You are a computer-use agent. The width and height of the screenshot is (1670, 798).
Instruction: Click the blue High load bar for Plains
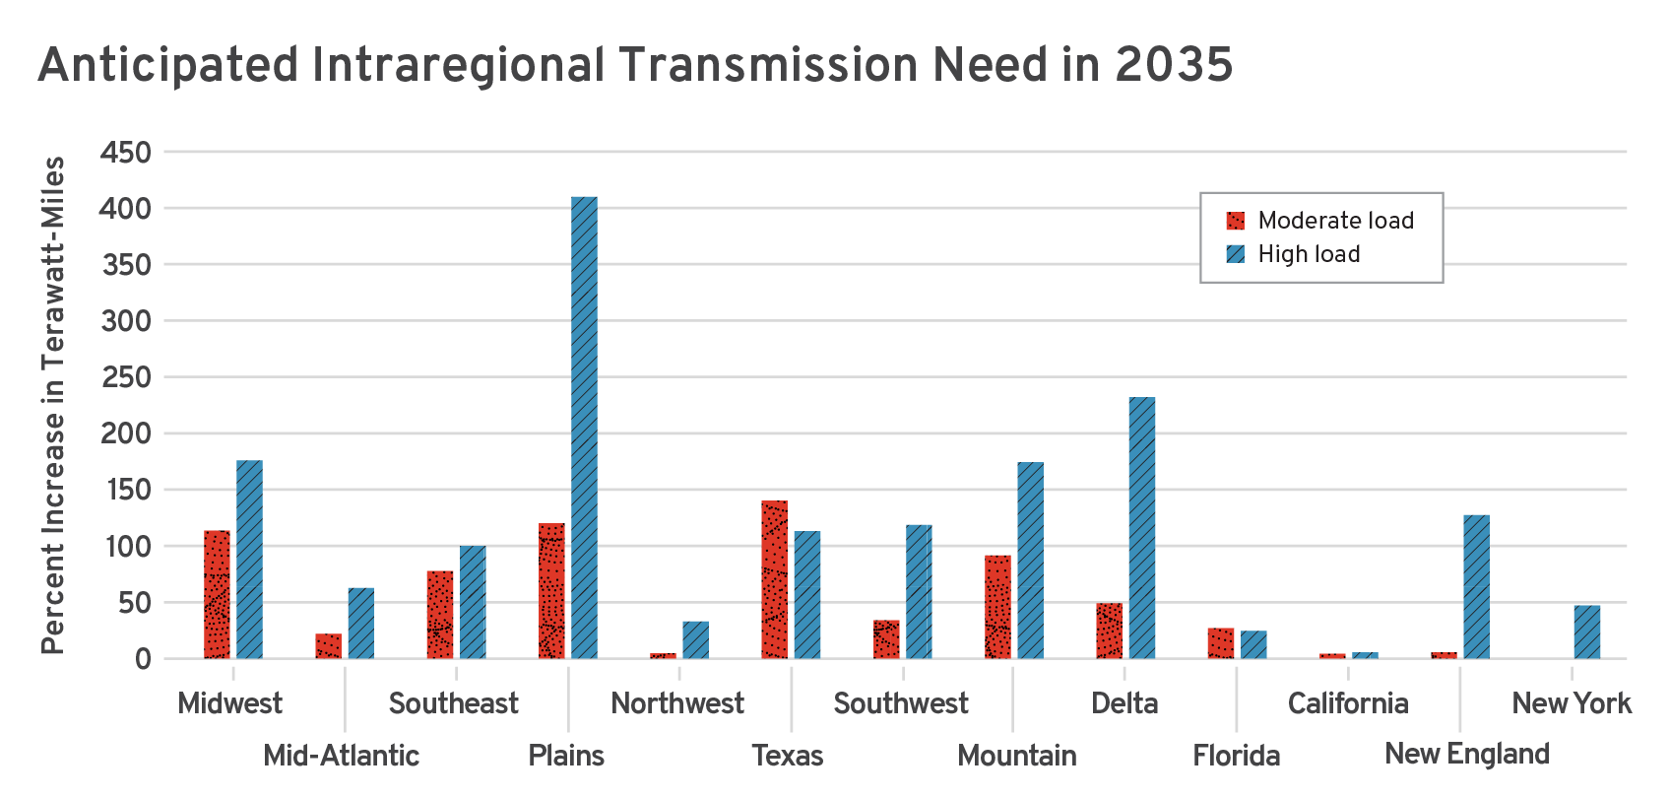point(584,428)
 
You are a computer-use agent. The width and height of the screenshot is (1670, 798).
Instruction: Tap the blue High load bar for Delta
point(1141,528)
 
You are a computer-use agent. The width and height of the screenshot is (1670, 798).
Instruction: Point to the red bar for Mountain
point(997,607)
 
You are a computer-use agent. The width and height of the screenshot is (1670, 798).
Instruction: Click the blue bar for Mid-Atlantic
point(360,623)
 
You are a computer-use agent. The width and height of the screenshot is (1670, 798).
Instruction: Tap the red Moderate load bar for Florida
point(1220,642)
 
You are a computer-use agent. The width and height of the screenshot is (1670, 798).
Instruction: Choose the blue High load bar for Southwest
point(919,591)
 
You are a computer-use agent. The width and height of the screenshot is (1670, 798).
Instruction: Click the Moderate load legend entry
point(1319,221)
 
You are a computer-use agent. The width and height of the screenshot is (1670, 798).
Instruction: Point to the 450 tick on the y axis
point(126,153)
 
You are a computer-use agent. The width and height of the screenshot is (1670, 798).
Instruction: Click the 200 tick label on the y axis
point(126,433)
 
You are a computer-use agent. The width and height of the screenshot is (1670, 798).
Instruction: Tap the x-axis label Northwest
point(677,703)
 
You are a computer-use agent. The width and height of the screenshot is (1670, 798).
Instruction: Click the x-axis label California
point(1347,703)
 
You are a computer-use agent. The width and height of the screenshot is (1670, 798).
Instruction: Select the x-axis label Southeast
point(453,703)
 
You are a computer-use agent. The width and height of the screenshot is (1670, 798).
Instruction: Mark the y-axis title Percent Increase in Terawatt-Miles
point(52,404)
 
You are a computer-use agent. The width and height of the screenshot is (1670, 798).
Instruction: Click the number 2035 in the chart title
point(1174,65)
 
